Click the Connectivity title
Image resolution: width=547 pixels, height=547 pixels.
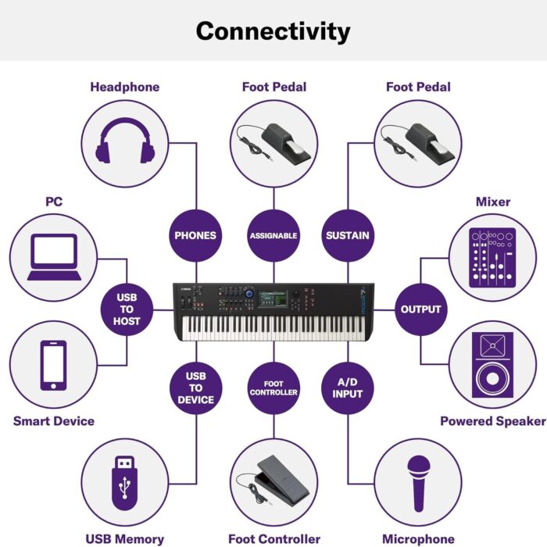(x=273, y=31)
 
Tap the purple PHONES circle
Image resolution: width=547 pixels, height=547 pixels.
(x=195, y=235)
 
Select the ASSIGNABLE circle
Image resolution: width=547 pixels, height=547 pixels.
(x=273, y=235)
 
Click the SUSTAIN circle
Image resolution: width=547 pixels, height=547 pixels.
(x=347, y=235)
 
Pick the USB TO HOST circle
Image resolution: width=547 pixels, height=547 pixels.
(x=127, y=309)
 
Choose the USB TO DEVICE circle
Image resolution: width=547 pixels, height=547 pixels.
(x=195, y=388)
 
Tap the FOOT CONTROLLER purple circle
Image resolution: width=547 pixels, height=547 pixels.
(x=273, y=388)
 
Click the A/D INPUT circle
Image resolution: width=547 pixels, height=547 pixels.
(x=347, y=388)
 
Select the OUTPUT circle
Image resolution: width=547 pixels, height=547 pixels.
(x=420, y=309)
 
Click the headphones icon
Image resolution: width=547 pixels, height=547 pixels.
(x=125, y=141)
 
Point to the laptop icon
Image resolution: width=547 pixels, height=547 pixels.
(x=53, y=257)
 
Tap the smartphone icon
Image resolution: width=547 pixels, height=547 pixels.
(x=53, y=365)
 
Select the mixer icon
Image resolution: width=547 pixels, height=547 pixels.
(x=492, y=257)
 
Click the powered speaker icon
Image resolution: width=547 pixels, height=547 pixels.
(x=492, y=365)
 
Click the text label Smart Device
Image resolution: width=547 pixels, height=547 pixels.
(x=53, y=421)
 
